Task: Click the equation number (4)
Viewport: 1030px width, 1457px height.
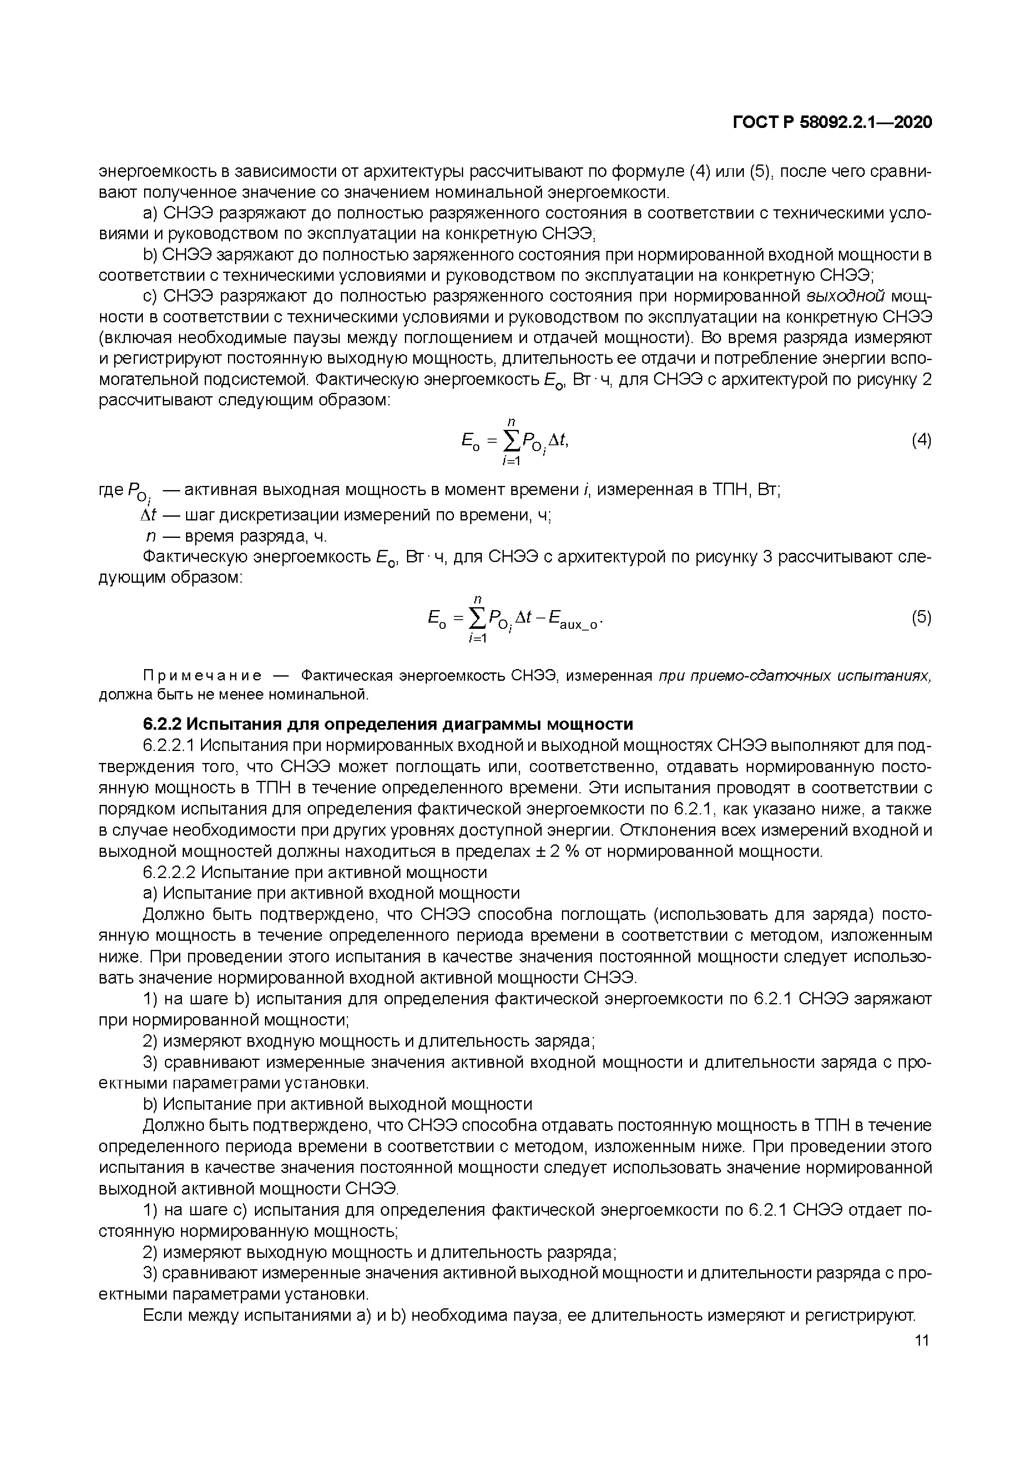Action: (921, 440)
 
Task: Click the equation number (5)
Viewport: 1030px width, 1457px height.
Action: (921, 618)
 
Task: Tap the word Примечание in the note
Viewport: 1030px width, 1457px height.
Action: (202, 675)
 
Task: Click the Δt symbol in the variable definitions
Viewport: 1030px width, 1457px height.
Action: (148, 515)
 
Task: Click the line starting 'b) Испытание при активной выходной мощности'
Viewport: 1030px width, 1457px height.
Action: (337, 1104)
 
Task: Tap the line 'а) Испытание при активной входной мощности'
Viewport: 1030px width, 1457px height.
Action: (331, 893)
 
